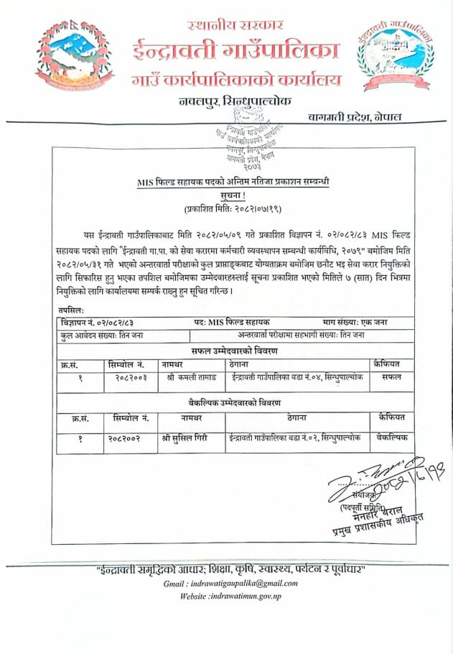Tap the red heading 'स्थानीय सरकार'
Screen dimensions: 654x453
(x=231, y=26)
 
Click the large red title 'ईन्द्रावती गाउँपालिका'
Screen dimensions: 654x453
(x=235, y=52)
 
